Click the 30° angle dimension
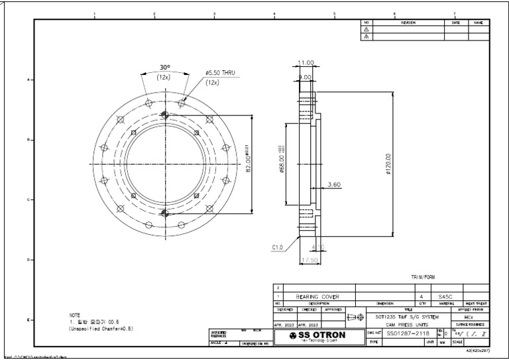click(x=164, y=68)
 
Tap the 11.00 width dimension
click(x=306, y=63)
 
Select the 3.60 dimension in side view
click(x=334, y=186)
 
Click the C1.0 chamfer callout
click(x=278, y=247)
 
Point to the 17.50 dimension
click(x=309, y=261)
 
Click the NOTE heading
click(x=75, y=315)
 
